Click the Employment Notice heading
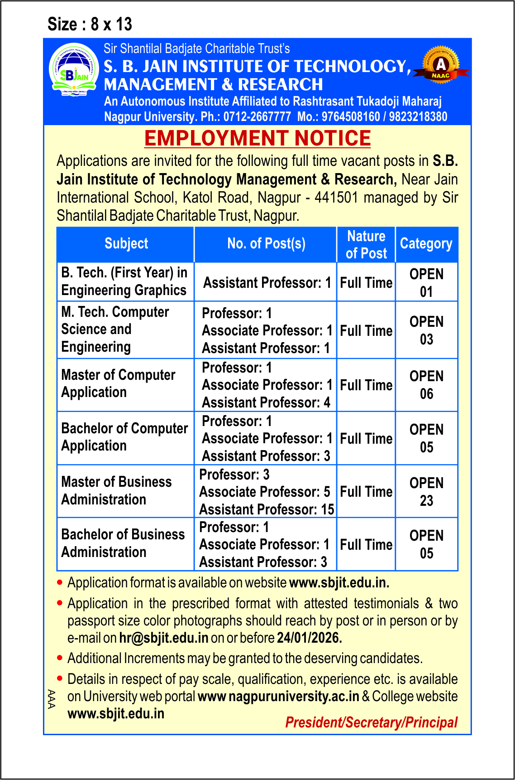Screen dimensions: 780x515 point(257,139)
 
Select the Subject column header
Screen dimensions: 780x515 point(126,244)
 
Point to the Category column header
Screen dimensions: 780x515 point(426,244)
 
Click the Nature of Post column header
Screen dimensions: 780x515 point(366,245)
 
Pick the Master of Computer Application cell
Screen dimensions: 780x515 point(118,383)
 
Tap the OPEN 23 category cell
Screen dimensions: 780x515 point(426,492)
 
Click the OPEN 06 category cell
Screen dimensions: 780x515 point(426,385)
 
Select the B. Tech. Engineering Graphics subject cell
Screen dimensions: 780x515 point(124,281)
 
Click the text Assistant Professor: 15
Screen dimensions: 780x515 point(267,509)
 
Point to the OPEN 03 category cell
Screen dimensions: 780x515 point(426,330)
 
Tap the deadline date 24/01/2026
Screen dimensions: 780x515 point(309,638)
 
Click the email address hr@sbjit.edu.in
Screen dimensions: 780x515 point(164,638)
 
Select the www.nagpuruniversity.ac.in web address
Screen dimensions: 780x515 point(279,697)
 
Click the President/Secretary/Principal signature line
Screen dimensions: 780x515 point(371,722)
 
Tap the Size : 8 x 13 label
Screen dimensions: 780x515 point(90,24)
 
